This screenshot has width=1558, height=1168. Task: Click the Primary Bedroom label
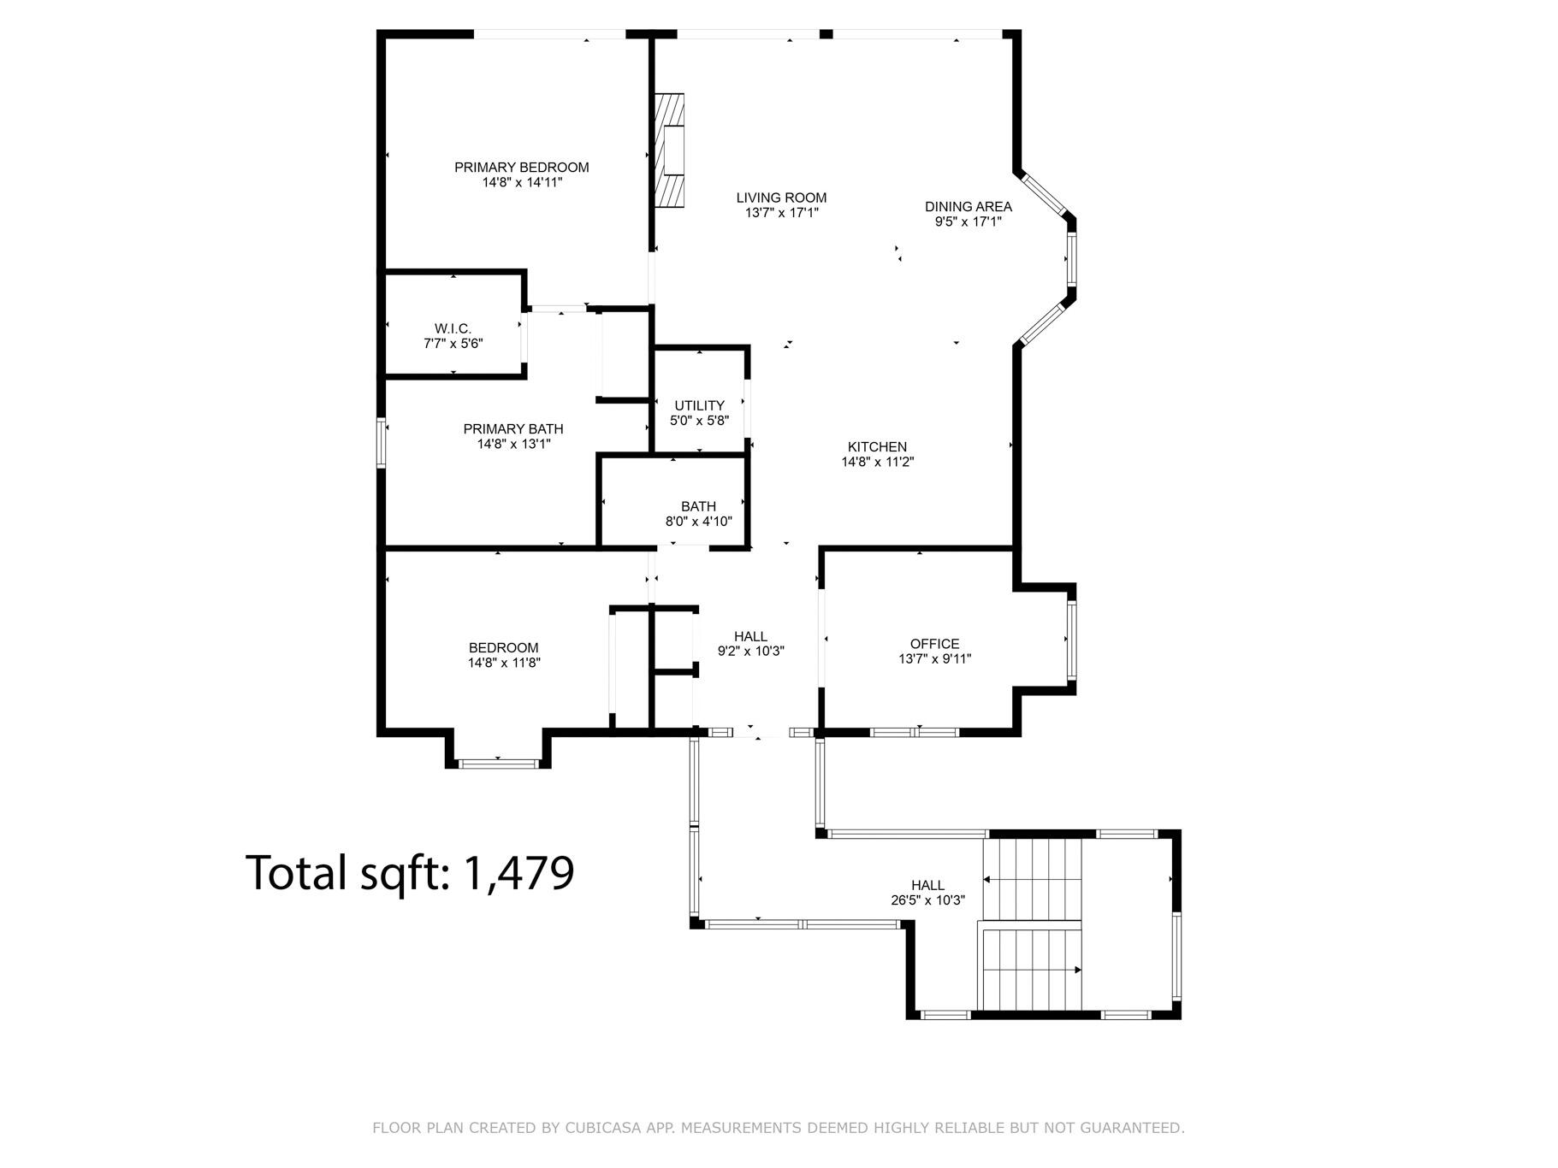pyautogui.click(x=521, y=168)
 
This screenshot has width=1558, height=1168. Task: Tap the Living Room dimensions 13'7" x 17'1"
pyautogui.click(x=781, y=213)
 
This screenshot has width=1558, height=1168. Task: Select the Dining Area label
pyautogui.click(x=968, y=206)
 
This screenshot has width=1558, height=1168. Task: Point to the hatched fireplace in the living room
pyautogui.click(x=670, y=150)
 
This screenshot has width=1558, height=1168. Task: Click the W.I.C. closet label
pyautogui.click(x=453, y=328)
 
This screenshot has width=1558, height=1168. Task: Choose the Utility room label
pyautogui.click(x=699, y=405)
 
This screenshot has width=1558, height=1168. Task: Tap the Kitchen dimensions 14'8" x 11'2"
pyautogui.click(x=877, y=462)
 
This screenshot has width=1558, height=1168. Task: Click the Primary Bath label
pyautogui.click(x=513, y=429)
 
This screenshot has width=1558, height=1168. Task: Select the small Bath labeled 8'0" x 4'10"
pyautogui.click(x=698, y=513)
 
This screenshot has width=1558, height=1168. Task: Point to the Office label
pyautogui.click(x=934, y=644)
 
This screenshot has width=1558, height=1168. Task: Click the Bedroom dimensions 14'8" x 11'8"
pyautogui.click(x=504, y=663)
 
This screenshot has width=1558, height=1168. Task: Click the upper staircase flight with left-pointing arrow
pyautogui.click(x=1032, y=879)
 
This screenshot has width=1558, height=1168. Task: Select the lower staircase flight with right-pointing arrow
pyautogui.click(x=1032, y=970)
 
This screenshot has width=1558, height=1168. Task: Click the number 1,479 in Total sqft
pyautogui.click(x=518, y=873)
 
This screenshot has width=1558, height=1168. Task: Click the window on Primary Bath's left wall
pyautogui.click(x=382, y=442)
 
